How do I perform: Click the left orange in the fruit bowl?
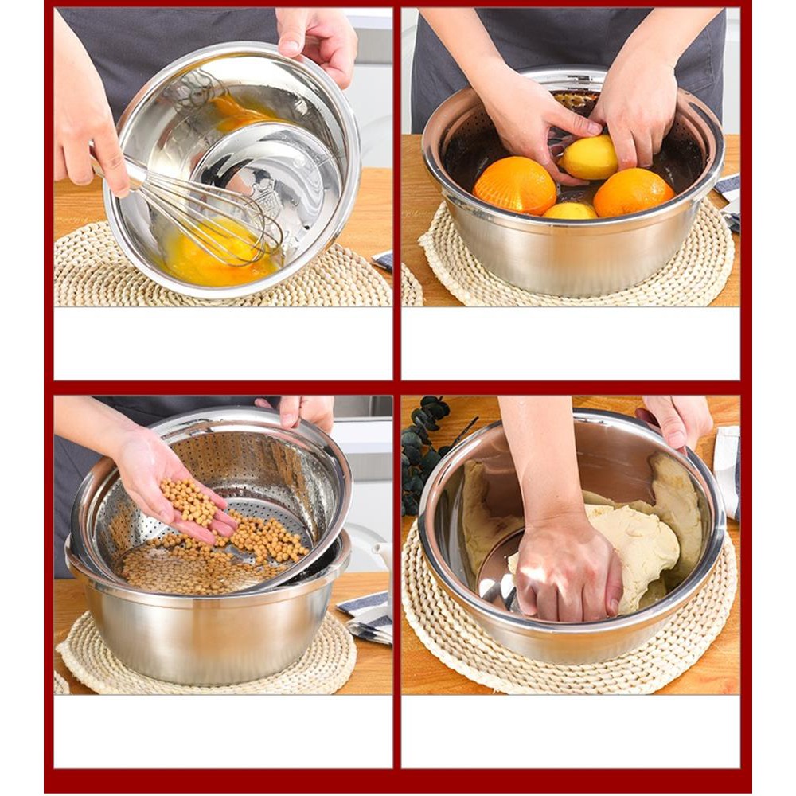(514, 185)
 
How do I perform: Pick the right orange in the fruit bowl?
(633, 192)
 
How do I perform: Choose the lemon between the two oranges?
(570, 211)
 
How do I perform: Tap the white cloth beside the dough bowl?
(726, 470)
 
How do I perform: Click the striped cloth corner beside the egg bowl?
(383, 260)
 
